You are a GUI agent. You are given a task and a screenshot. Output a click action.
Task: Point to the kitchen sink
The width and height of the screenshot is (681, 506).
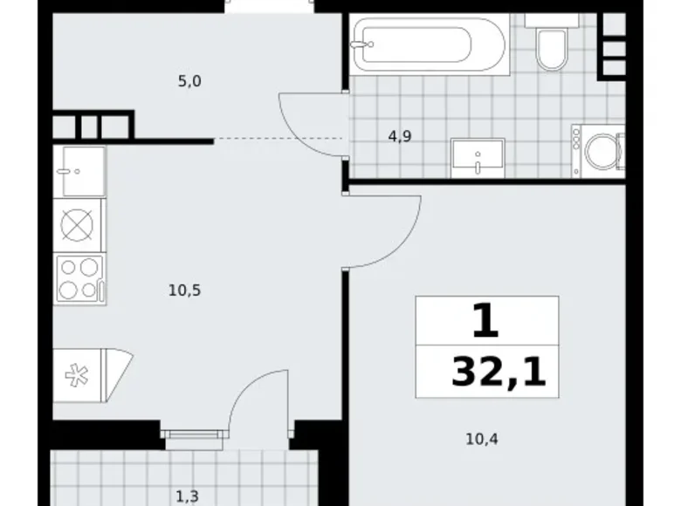click(79, 170)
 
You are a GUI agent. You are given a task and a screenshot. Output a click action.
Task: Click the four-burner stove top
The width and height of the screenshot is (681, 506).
click(79, 278)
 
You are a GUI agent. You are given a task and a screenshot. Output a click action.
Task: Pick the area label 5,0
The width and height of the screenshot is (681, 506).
click(190, 82)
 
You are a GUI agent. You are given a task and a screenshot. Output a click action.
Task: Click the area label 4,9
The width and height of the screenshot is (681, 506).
click(401, 136)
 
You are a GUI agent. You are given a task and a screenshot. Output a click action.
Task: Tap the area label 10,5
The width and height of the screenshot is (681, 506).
click(185, 291)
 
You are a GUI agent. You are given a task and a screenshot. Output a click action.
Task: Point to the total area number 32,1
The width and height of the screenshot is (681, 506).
click(499, 373)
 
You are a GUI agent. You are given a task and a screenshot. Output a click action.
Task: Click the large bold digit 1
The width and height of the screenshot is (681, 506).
click(485, 321)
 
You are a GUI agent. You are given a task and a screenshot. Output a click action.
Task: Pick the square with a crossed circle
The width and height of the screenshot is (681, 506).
click(79, 225)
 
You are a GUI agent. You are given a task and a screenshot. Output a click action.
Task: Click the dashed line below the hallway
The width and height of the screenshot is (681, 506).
click(279, 140)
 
